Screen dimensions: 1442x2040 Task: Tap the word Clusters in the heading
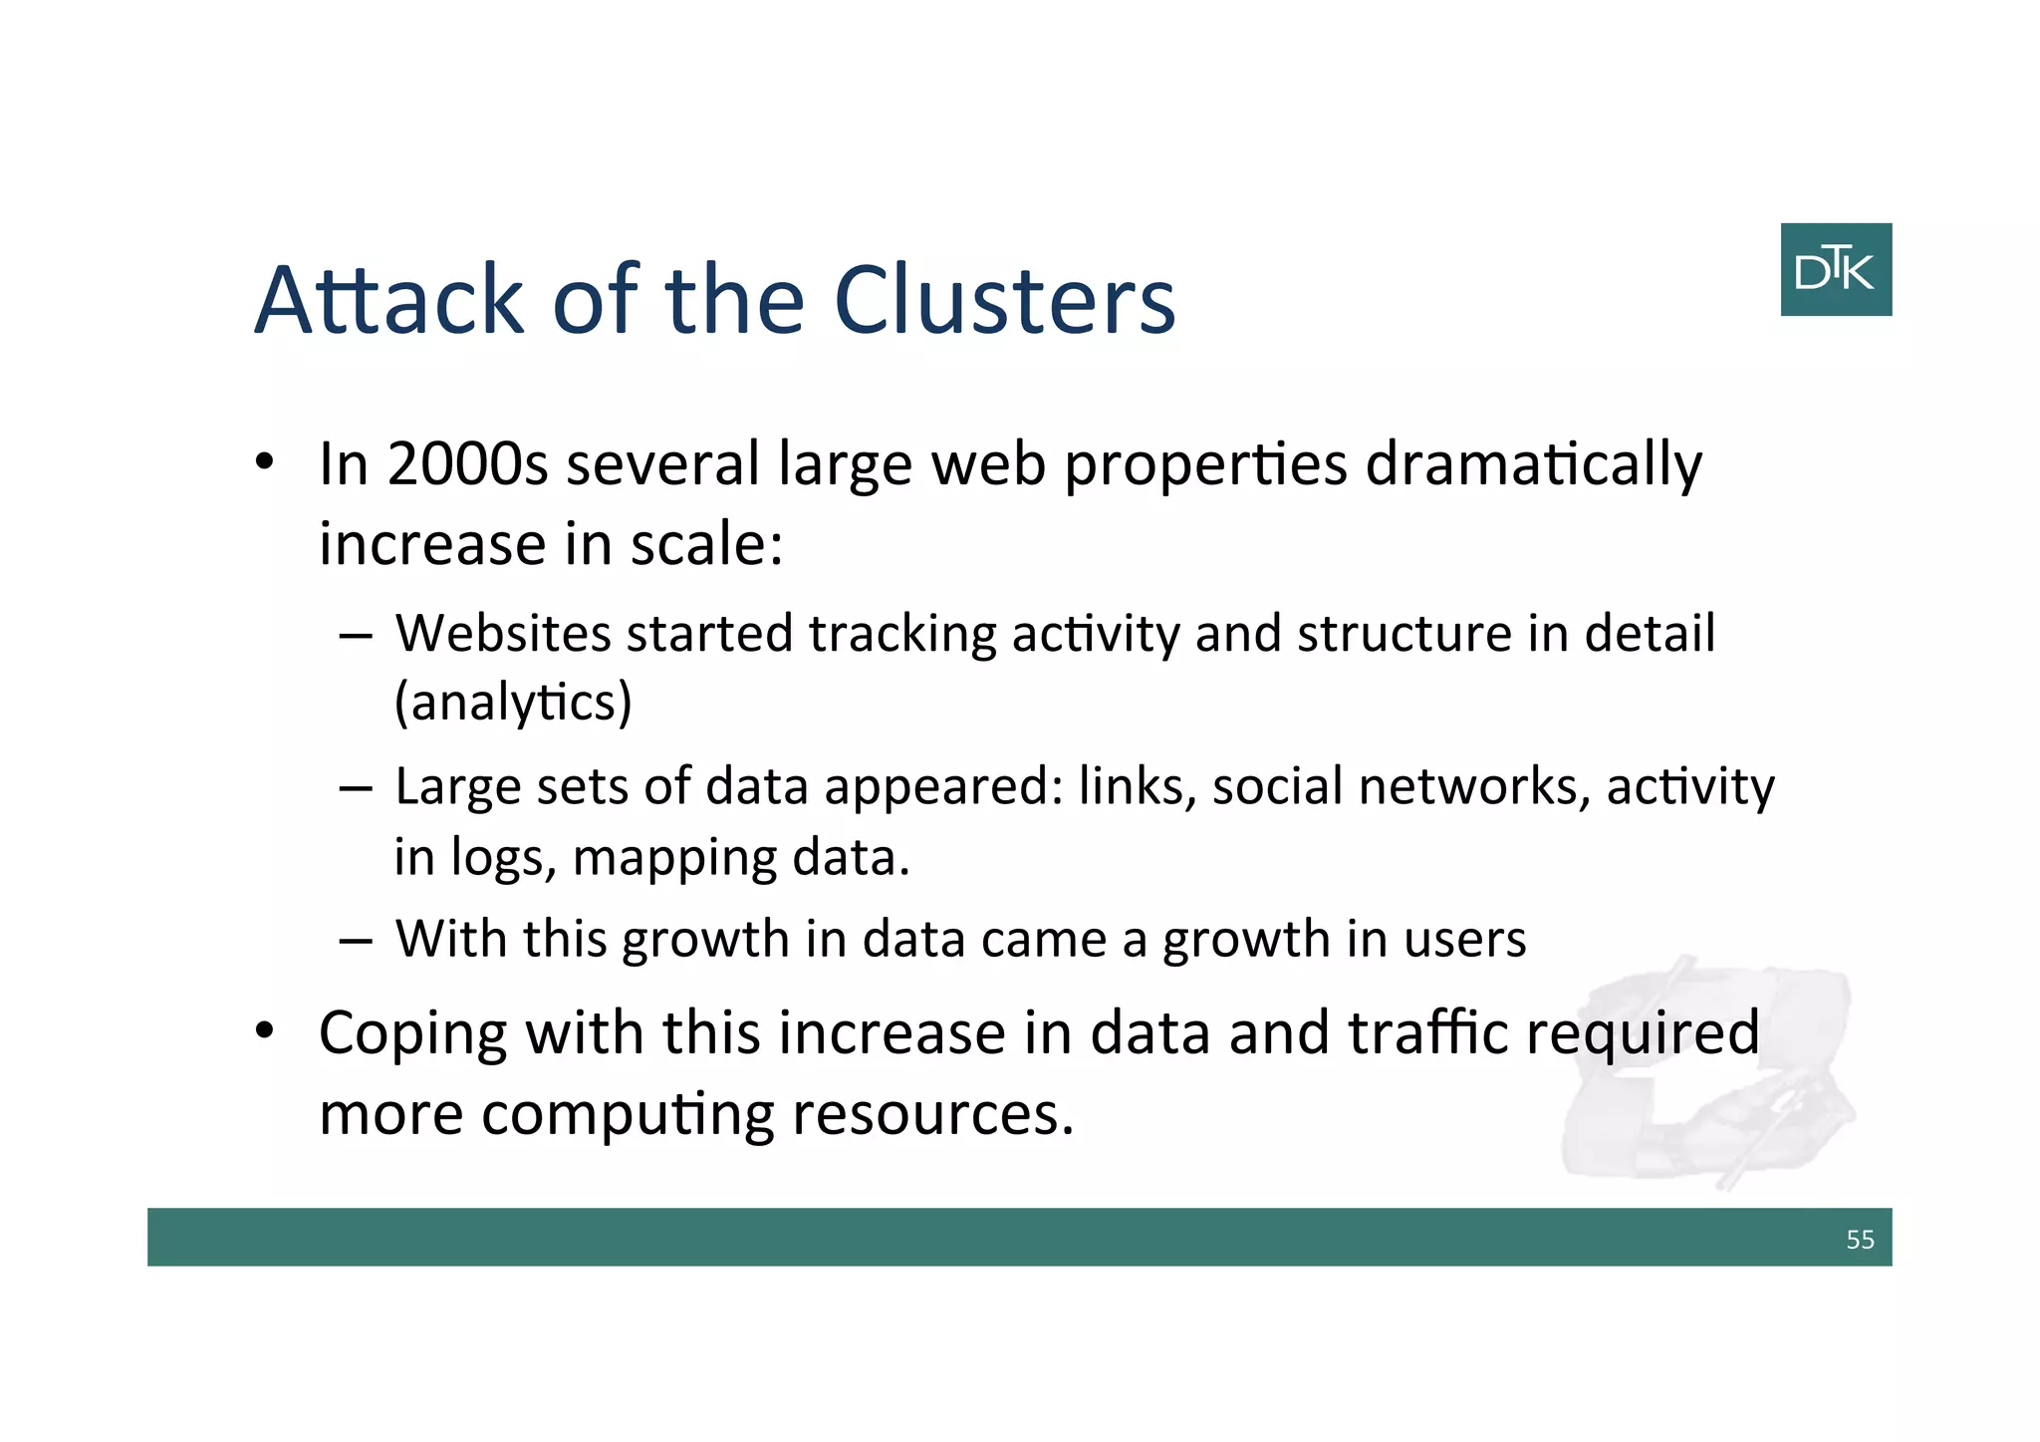point(1004,300)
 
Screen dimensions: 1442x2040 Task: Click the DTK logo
point(1836,270)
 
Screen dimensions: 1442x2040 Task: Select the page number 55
point(1860,1240)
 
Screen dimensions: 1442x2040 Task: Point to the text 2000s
point(467,464)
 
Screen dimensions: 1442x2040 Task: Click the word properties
point(1205,466)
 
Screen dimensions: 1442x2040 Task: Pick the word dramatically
point(1533,466)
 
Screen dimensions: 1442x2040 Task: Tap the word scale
point(707,545)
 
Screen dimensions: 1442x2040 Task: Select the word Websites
point(503,634)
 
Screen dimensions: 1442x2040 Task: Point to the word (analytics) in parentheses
point(513,704)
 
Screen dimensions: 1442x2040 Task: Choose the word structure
point(1403,634)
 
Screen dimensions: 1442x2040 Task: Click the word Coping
point(413,1034)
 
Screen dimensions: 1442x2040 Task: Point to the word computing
point(628,1115)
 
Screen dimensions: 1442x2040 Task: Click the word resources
point(932,1114)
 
